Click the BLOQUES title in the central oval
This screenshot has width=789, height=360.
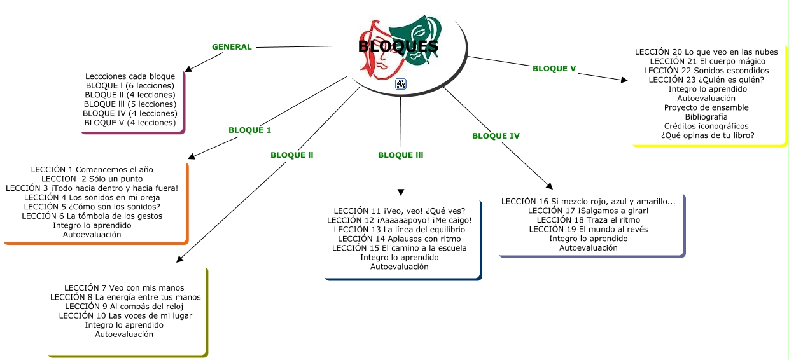398,46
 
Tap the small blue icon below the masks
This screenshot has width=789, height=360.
401,83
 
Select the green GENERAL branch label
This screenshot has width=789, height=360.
232,46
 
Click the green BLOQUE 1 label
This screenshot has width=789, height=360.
249,130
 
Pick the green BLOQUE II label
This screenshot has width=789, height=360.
291,155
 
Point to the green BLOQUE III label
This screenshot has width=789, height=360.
400,155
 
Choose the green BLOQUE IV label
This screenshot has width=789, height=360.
496,135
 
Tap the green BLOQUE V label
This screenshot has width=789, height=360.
554,68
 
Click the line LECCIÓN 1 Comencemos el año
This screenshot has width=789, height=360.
92,170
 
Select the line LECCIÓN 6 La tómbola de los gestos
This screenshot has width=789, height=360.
92,216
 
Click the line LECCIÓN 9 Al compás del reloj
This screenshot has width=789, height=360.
124,306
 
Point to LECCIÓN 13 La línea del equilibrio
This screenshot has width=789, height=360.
399,229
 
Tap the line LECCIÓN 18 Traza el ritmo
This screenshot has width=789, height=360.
588,219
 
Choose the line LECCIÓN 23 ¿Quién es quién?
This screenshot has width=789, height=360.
706,80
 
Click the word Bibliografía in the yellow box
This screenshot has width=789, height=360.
706,116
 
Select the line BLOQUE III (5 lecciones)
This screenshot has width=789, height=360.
130,104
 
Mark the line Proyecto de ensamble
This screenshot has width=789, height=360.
706,107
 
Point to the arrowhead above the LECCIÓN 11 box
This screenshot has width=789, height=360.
401,191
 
